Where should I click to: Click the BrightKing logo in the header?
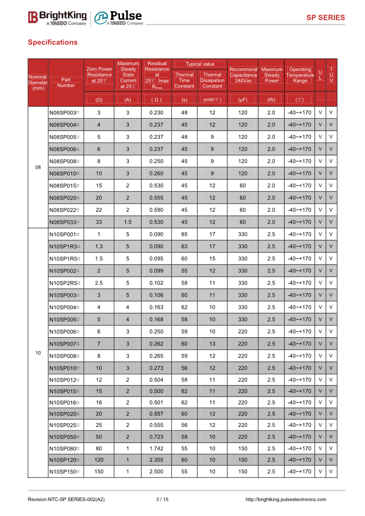pos(57,18)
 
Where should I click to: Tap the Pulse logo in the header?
pos(119,18)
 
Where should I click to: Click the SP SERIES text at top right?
pos(325,18)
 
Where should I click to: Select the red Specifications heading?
pos(52,42)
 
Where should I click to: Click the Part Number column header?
pos(66,82)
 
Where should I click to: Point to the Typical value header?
pos(200,64)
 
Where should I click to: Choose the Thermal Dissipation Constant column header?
pos(212,80)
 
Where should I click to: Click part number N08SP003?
pos(64,113)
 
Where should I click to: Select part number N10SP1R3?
pos(65,247)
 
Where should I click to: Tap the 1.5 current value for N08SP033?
pos(128,222)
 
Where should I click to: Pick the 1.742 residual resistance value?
pos(156,448)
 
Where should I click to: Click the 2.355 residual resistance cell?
pos(156,460)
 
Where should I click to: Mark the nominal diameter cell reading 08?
pos(38,168)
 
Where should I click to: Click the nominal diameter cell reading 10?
pos(38,353)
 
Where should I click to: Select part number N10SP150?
pos(65,471)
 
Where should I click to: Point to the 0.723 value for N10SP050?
pos(156,437)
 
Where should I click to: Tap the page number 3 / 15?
pos(162,499)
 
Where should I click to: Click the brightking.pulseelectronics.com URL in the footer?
pos(286,499)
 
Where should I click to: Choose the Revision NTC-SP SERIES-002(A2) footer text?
pos(66,499)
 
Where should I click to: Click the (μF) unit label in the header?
pos(243,99)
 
